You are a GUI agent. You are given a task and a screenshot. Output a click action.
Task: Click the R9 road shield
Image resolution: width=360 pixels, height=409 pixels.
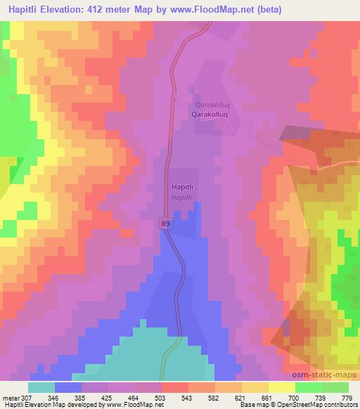164,224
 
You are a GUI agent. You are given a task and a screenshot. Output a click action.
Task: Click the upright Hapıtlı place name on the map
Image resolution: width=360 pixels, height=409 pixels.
183,188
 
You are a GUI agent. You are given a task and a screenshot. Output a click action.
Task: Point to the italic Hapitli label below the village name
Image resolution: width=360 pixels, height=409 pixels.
181,198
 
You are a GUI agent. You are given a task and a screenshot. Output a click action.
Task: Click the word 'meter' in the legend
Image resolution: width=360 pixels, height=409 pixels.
11,397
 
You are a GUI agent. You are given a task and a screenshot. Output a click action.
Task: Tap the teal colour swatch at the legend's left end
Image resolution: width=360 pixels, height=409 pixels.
41,387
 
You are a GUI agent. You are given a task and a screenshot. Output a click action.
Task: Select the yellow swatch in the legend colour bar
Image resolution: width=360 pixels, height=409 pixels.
281,387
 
